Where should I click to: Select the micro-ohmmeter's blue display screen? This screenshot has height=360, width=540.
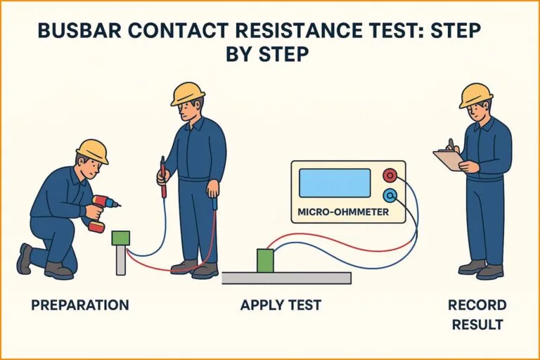(334, 183)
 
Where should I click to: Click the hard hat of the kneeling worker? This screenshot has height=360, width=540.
(92, 150)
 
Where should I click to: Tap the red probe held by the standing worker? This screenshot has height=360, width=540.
(163, 176)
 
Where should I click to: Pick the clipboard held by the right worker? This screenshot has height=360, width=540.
(447, 160)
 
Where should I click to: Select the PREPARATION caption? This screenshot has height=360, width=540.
(80, 305)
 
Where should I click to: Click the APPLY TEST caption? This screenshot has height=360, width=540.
(281, 305)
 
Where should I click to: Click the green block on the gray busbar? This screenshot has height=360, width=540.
(265, 261)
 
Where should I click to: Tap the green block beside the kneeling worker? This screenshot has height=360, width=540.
(121, 238)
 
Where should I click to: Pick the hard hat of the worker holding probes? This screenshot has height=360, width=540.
(187, 94)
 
